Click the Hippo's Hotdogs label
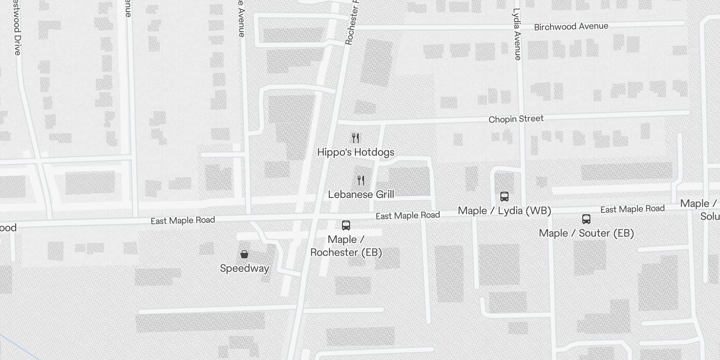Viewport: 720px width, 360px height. coord(355,152)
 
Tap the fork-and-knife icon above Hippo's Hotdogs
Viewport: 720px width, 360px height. coord(355,138)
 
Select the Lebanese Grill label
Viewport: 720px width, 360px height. coord(361,194)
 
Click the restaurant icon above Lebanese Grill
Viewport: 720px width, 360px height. coord(361,180)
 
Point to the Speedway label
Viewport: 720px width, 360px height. coord(244,269)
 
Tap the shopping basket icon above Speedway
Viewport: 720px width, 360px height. coord(244,254)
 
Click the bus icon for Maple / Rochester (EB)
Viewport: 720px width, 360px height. coord(346,225)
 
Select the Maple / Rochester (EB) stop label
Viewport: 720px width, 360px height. coord(346,246)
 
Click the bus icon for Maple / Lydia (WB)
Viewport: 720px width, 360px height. coord(504,196)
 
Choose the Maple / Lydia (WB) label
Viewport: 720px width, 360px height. coord(504,211)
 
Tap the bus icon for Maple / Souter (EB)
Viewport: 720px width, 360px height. coord(586,219)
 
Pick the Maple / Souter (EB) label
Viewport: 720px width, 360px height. coord(586,233)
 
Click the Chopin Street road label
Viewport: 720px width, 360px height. coord(516,119)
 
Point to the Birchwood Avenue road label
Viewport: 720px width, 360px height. coord(571,27)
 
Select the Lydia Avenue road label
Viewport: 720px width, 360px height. coord(517,34)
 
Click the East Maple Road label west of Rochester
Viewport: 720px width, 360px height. coord(183,220)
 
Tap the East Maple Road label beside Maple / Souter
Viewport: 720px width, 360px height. coord(632,209)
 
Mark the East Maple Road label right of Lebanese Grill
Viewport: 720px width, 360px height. coord(408,216)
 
